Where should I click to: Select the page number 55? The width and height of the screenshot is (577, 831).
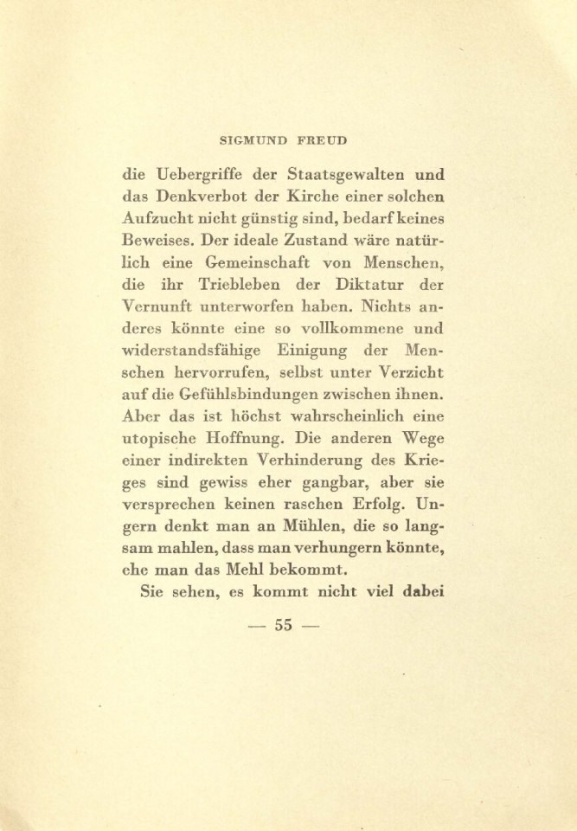tap(284, 626)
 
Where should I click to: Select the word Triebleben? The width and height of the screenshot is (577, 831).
tap(247, 284)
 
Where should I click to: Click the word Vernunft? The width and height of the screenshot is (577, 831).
tap(161, 306)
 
